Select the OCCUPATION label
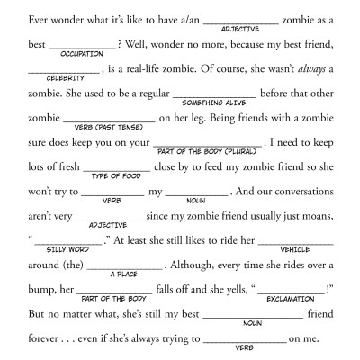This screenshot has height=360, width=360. pos(83,52)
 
